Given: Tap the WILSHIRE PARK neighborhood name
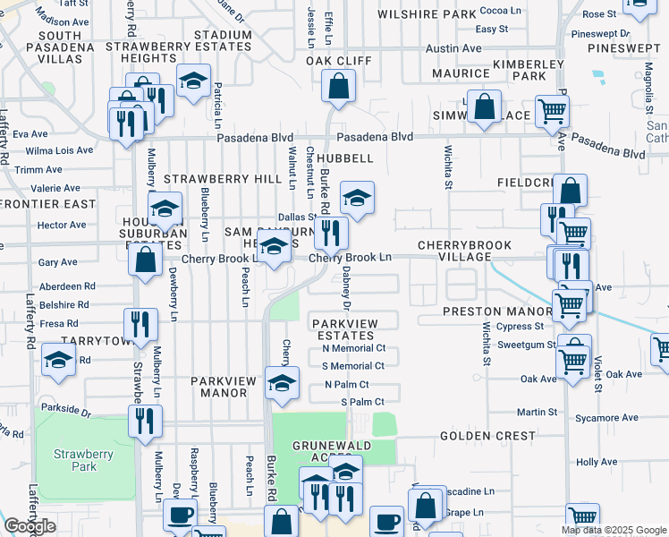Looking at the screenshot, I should click(x=427, y=15).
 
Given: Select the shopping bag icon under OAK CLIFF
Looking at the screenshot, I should click(x=339, y=87).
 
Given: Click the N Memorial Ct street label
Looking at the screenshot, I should click(x=353, y=348).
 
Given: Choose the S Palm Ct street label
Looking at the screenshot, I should click(x=362, y=402).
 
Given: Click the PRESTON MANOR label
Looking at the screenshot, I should click(x=487, y=312).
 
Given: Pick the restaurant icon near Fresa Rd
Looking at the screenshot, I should click(x=141, y=325).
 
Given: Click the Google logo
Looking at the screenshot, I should click(x=30, y=526).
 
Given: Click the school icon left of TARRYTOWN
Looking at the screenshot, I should click(x=59, y=362).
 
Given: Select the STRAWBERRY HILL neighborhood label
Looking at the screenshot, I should click(x=209, y=179).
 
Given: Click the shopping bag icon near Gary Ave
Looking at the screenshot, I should click(x=144, y=260).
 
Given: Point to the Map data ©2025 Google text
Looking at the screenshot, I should click(x=614, y=530).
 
